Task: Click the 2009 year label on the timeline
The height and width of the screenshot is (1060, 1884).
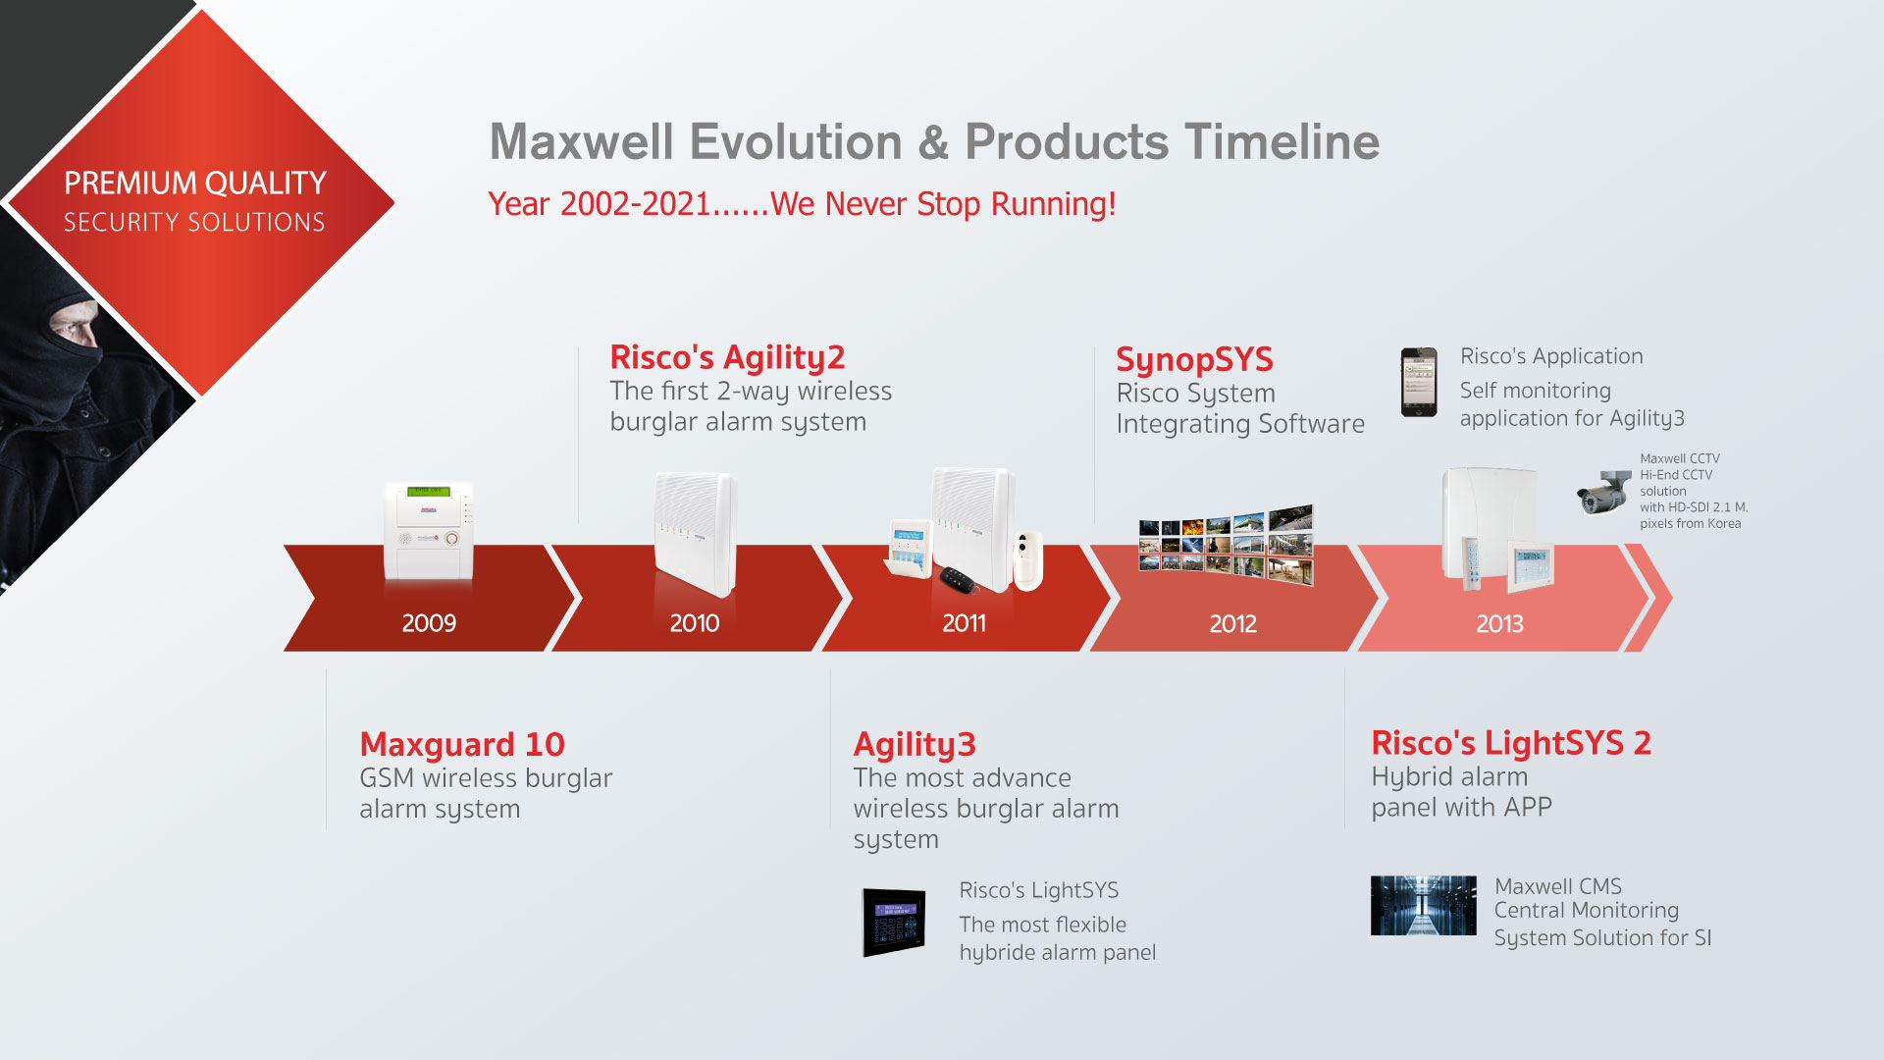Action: tap(429, 623)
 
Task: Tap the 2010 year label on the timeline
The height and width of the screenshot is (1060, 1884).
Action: tap(695, 623)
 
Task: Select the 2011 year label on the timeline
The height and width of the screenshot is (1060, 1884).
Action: tap(964, 623)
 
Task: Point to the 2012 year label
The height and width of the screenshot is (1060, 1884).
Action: tap(1233, 623)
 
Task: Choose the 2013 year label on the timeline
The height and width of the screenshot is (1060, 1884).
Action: tap(1500, 623)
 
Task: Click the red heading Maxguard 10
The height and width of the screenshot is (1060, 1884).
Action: tap(462, 744)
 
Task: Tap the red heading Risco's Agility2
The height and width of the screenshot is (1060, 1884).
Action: tap(727, 358)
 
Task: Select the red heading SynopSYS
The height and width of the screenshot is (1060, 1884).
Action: tap(1194, 360)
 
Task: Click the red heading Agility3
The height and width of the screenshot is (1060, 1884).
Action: tap(915, 745)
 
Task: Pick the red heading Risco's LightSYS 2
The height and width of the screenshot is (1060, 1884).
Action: tap(1511, 743)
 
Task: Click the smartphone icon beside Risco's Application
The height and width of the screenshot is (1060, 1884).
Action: tap(1419, 382)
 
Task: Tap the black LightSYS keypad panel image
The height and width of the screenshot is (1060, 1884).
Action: tap(894, 922)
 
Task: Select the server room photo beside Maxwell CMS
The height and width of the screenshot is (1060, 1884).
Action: tap(1423, 905)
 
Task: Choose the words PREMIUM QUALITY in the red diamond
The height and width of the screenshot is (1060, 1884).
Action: tap(195, 184)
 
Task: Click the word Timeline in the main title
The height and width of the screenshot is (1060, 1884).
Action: tap(1282, 141)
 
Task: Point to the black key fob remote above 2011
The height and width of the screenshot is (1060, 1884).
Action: tap(958, 579)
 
